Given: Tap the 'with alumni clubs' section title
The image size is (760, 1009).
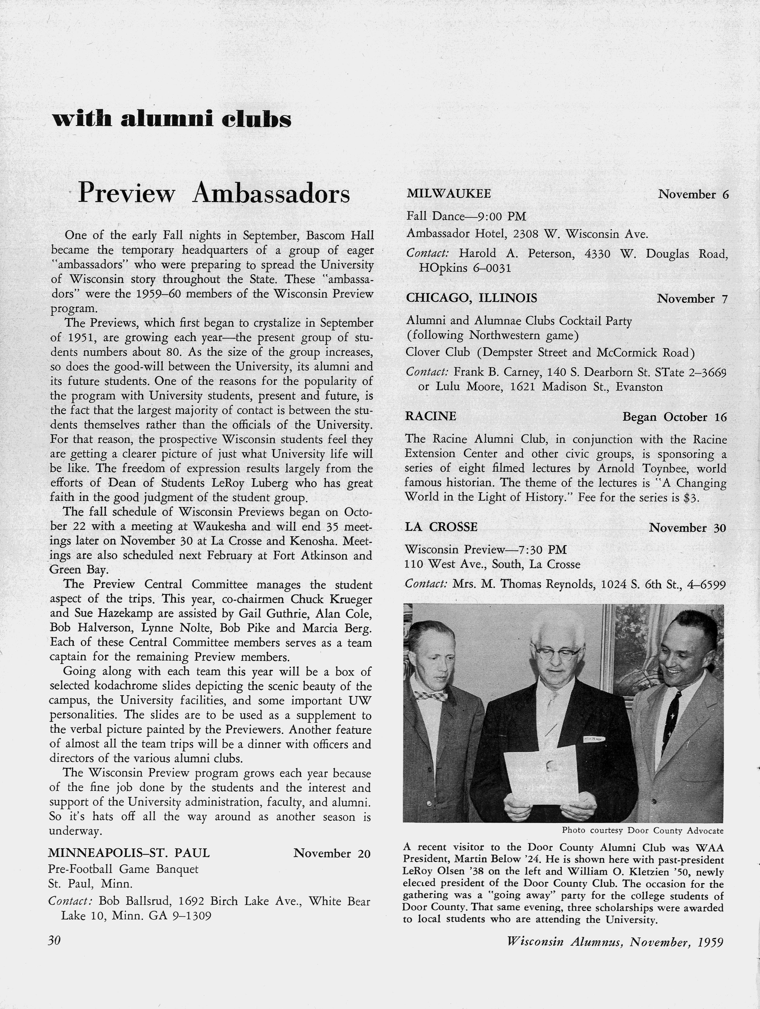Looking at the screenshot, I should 171,119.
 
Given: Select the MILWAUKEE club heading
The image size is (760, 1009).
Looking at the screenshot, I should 449,194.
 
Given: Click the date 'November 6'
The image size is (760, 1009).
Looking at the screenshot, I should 693,195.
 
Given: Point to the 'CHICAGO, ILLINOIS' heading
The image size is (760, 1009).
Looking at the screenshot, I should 471,298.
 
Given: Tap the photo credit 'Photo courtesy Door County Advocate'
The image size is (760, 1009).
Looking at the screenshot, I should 642,830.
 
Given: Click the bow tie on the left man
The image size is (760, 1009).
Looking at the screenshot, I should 431,695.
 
